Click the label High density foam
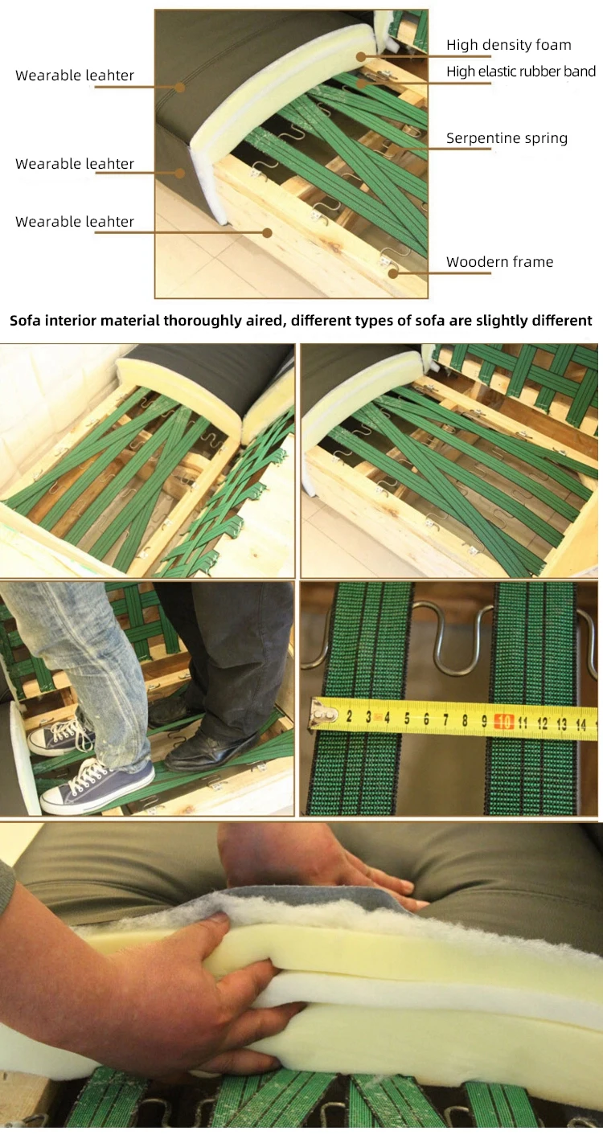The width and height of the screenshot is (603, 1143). pyautogui.click(x=509, y=45)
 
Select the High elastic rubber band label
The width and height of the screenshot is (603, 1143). pyautogui.click(x=521, y=72)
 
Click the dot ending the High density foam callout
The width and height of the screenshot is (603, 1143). pyautogui.click(x=361, y=56)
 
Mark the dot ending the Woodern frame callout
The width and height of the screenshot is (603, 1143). pyautogui.click(x=392, y=273)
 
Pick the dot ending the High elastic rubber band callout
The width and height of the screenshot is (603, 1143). pyautogui.click(x=361, y=83)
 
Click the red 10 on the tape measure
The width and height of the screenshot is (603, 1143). pyautogui.click(x=503, y=722)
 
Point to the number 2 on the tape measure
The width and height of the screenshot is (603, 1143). pyautogui.click(x=349, y=716)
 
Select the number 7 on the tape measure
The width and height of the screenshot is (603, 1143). pyautogui.click(x=445, y=719)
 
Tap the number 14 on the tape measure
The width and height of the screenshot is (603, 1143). pyautogui.click(x=580, y=724)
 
